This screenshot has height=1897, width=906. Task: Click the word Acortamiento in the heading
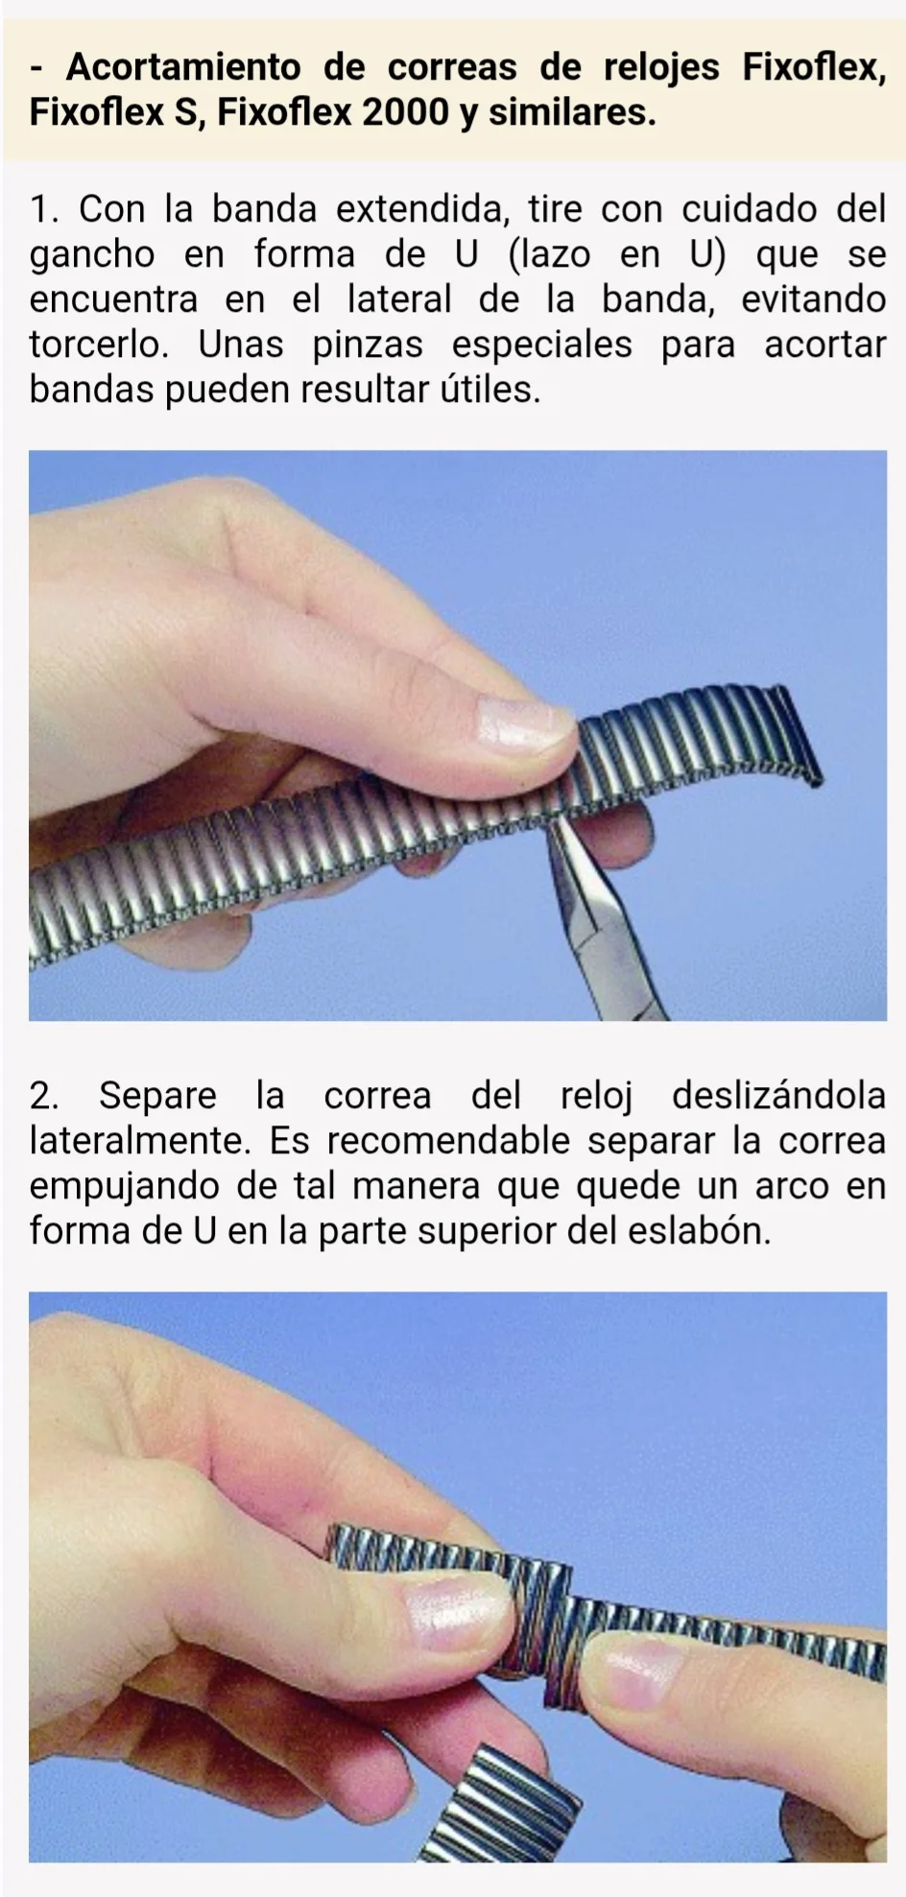pyautogui.click(x=183, y=67)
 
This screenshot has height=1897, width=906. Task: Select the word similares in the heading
pyautogui.click(x=572, y=112)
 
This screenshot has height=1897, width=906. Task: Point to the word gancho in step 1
pyautogui.click(x=92, y=255)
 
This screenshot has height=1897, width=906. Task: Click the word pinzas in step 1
pyautogui.click(x=368, y=345)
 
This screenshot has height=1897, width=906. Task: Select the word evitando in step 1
pyautogui.click(x=814, y=299)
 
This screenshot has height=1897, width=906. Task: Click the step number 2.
pyautogui.click(x=42, y=1095)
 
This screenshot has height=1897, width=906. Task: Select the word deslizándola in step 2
pyautogui.click(x=778, y=1096)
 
